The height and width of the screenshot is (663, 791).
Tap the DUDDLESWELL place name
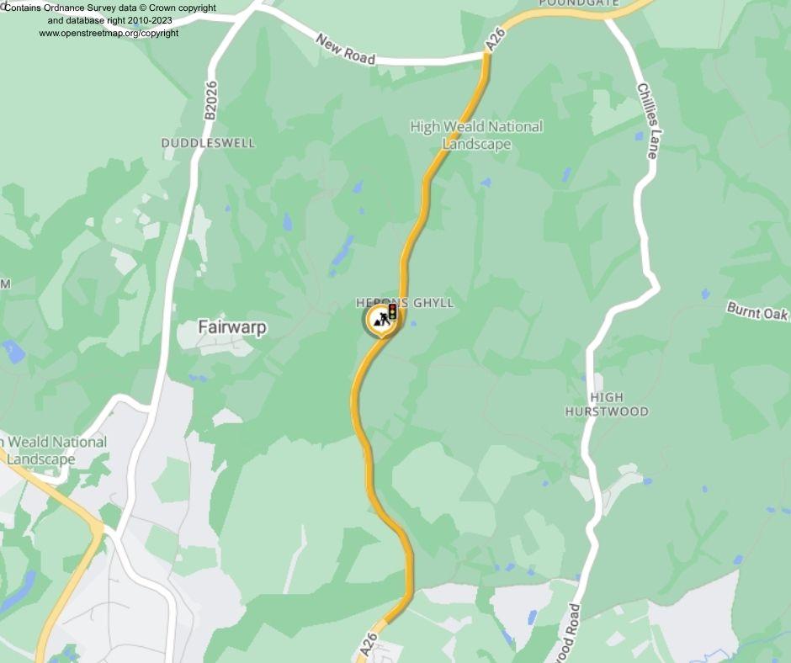pyautogui.click(x=208, y=143)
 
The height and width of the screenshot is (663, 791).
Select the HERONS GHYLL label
pyautogui.click(x=405, y=303)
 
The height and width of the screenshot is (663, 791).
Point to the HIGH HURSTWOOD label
pyautogui.click(x=606, y=405)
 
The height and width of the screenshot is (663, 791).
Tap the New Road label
pyautogui.click(x=345, y=49)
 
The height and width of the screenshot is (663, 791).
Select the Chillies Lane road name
pyautogui.click(x=647, y=120)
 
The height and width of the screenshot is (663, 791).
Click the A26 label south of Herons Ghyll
pyautogui.click(x=369, y=645)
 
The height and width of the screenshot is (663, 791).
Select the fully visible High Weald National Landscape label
pyautogui.click(x=476, y=135)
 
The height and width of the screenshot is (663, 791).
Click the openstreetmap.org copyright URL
pyautogui.click(x=109, y=33)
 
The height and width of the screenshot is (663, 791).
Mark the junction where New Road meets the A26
pyautogui.click(x=487, y=56)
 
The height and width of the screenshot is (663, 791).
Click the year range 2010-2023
pyautogui.click(x=152, y=20)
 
